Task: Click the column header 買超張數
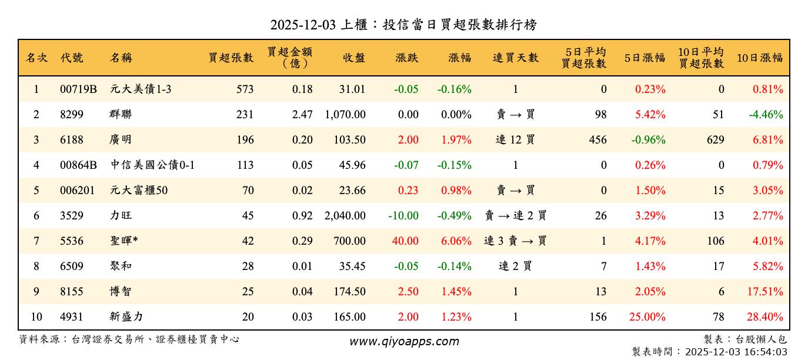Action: click(x=231, y=58)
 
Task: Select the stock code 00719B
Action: click(x=78, y=89)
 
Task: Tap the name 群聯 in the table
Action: click(x=121, y=115)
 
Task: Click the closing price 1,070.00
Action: click(x=345, y=115)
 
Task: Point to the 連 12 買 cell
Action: click(x=515, y=140)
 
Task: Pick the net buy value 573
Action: click(x=245, y=89)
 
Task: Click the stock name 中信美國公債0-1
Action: click(x=152, y=165)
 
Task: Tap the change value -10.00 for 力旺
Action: click(x=403, y=216)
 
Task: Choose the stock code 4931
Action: click(x=72, y=317)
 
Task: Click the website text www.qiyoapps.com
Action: click(x=404, y=341)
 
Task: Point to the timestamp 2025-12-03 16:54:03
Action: click(x=736, y=352)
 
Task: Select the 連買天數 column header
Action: click(x=515, y=58)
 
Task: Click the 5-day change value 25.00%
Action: click(x=647, y=317)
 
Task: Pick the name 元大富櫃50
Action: click(x=139, y=191)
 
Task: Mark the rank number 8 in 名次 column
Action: click(x=36, y=266)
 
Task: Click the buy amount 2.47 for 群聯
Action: click(x=302, y=115)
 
